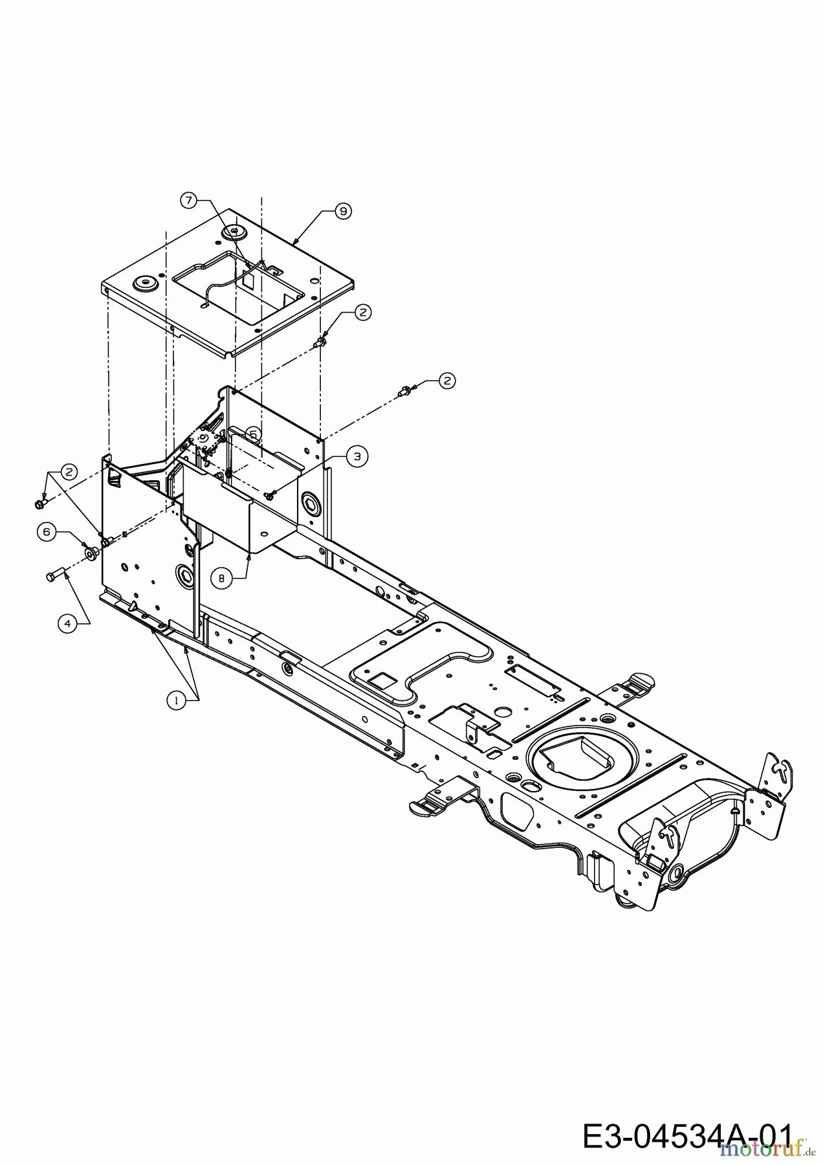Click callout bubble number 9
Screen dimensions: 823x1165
[343, 210]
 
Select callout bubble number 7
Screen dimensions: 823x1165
[188, 201]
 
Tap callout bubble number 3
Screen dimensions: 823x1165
[357, 456]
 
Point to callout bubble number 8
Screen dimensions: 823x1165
[222, 579]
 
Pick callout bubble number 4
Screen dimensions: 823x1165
[66, 623]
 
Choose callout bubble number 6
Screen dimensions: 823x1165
[45, 531]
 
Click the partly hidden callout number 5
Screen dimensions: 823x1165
[253, 434]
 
